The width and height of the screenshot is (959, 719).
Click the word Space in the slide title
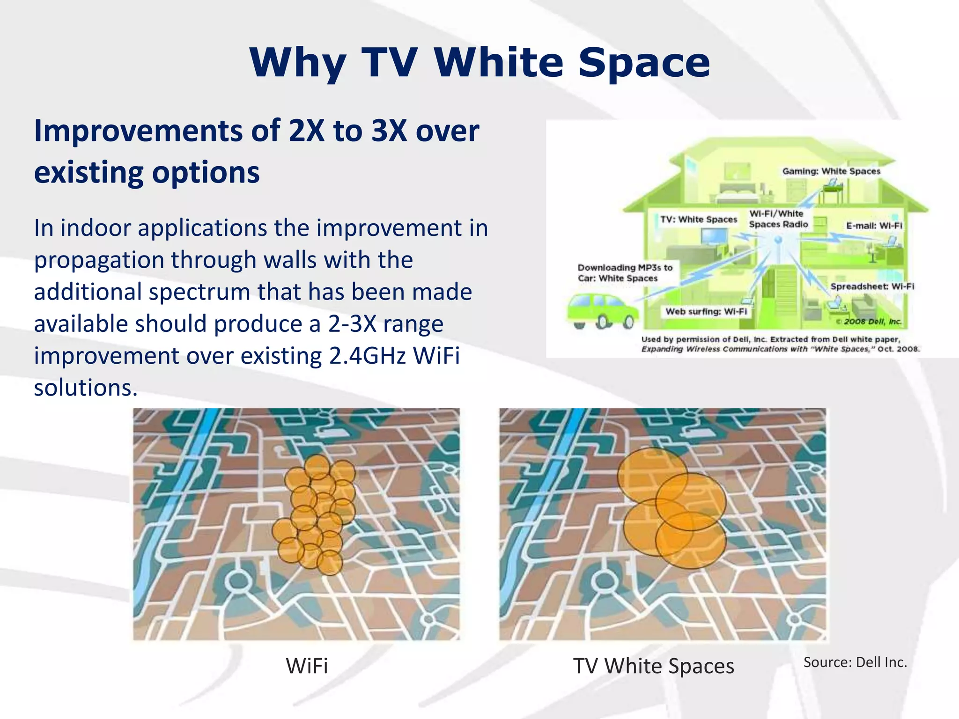(644, 63)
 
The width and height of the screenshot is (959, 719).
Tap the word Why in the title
(298, 63)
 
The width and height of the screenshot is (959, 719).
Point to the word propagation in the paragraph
(99, 260)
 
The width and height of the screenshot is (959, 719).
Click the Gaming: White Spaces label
(831, 171)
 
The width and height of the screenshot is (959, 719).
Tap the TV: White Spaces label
(698, 220)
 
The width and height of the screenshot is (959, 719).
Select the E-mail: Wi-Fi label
(874, 226)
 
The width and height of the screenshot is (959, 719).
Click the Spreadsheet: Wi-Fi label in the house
(872, 286)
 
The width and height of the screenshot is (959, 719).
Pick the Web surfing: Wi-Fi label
(706, 312)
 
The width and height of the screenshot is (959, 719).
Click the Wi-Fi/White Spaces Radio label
(778, 219)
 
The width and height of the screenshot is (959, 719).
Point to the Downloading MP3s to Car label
(624, 273)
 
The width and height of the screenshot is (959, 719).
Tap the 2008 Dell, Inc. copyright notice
(869, 322)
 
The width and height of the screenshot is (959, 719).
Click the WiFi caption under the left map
(307, 666)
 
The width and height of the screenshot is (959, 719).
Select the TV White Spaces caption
(653, 666)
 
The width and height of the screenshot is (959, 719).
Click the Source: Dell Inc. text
(855, 662)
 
